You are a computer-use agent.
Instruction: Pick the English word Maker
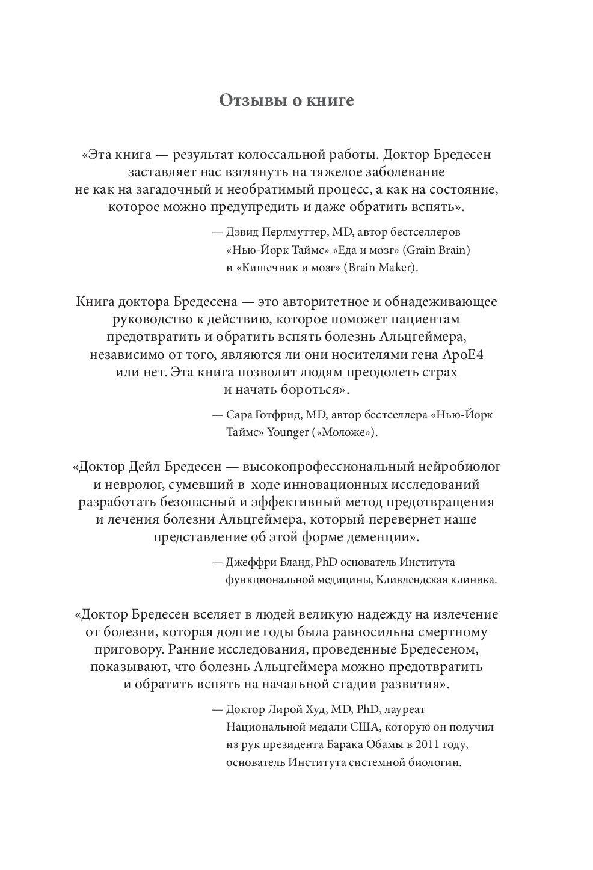click(396, 267)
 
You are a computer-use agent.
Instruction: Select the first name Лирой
click(289, 709)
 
